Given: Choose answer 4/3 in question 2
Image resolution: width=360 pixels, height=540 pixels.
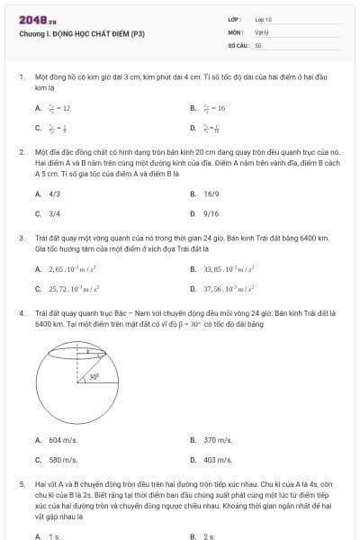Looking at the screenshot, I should [x=54, y=193].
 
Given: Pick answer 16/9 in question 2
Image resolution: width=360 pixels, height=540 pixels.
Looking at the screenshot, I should [x=211, y=193].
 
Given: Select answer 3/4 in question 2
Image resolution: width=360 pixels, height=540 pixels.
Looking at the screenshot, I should [x=54, y=214].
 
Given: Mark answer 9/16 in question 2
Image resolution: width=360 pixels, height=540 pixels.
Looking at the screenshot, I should [x=211, y=214].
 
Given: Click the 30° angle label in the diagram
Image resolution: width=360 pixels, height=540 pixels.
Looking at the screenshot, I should [x=94, y=378].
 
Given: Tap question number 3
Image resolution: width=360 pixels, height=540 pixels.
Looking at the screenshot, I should [x=21, y=238].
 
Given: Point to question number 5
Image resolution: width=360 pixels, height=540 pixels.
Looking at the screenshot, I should [x=21, y=483].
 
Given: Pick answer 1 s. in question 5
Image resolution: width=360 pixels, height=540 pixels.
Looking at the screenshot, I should [x=55, y=535].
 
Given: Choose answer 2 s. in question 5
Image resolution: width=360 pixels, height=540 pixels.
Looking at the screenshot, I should [x=210, y=535].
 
